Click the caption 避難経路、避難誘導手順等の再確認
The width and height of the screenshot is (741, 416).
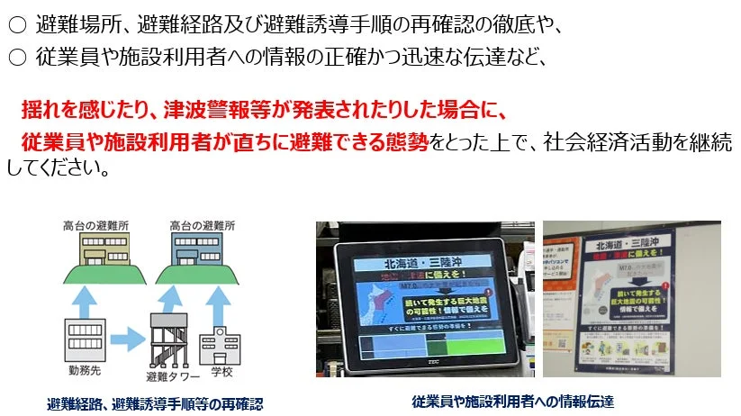tap(156, 403)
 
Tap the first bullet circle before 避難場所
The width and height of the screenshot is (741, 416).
tap(15, 25)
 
